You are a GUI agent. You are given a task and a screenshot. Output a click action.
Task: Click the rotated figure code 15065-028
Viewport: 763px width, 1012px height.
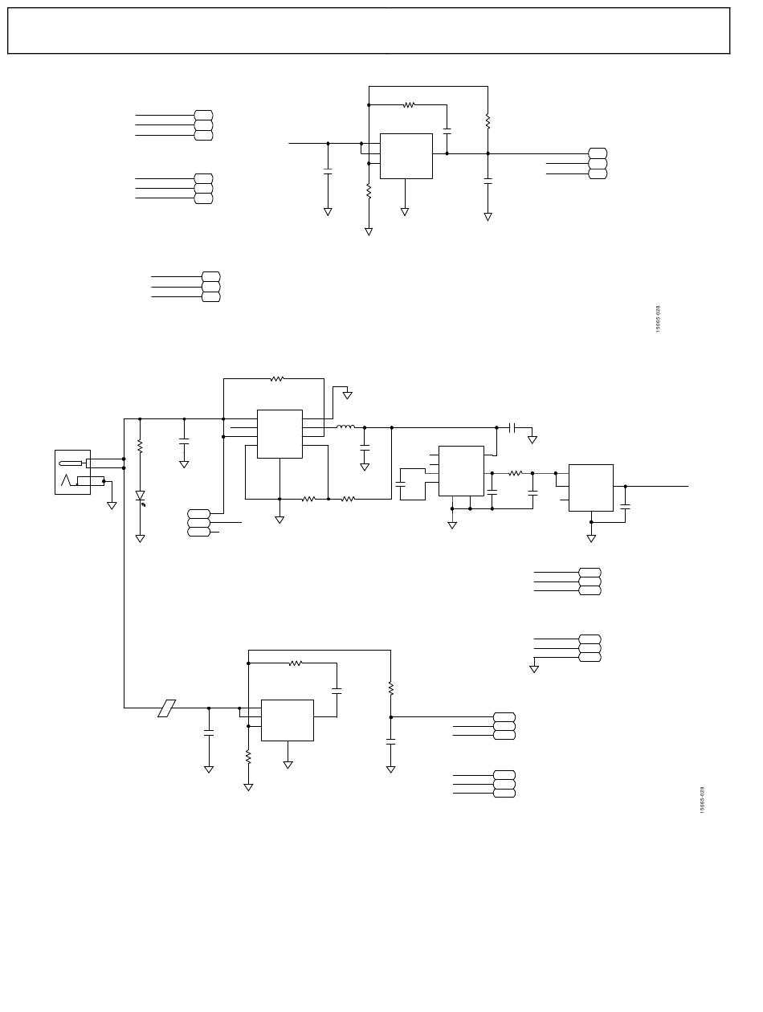pos(658,319)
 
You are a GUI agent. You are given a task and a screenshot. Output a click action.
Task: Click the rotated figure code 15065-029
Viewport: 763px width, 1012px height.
pos(702,800)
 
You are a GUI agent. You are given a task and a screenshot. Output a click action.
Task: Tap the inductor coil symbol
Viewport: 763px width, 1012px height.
pos(345,426)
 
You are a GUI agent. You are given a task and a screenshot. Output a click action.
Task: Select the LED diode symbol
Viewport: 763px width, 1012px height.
pos(140,496)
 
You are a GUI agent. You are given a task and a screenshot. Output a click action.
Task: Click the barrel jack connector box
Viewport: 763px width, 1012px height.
pos(72,471)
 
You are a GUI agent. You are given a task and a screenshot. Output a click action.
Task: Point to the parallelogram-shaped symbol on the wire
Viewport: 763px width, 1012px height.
pos(166,708)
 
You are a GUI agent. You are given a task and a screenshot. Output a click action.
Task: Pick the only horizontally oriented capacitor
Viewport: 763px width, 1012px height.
pos(511,427)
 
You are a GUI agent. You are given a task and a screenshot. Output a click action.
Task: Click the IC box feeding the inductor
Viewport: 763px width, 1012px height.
pos(279,434)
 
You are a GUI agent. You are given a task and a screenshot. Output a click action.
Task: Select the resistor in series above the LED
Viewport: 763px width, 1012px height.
pos(140,446)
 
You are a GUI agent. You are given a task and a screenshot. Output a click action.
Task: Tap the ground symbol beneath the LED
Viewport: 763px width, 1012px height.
pos(140,539)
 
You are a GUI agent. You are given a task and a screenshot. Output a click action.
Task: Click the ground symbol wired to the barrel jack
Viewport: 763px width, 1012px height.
pos(112,506)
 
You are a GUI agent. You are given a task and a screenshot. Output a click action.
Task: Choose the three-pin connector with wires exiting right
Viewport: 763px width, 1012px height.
pos(199,522)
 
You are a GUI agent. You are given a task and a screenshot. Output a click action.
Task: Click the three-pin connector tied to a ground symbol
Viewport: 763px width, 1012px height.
pos(590,648)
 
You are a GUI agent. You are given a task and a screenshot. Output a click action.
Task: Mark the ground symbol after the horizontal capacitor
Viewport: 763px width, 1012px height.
pos(532,440)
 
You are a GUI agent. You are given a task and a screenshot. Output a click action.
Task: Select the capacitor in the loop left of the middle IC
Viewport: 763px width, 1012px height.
pos(400,484)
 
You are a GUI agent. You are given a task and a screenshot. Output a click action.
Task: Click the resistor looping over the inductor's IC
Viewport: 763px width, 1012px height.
pos(277,378)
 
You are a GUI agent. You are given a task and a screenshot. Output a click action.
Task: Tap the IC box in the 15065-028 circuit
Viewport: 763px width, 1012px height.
pos(406,156)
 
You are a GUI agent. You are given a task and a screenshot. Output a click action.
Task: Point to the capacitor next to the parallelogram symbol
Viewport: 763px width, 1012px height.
pos(209,732)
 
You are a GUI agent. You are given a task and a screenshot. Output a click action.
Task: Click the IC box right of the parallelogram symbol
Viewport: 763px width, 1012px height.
pos(287,720)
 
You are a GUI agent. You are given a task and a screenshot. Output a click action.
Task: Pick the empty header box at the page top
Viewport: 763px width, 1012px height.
pos(369,31)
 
